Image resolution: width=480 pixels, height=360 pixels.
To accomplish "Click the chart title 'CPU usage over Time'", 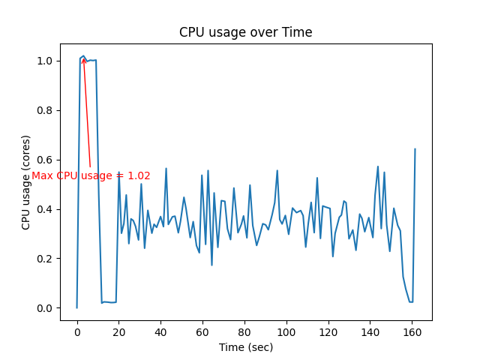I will tap(245, 32).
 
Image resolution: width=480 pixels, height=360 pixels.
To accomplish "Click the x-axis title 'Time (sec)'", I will tap(245, 347).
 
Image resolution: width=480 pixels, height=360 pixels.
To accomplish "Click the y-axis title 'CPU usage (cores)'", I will tap(26, 182).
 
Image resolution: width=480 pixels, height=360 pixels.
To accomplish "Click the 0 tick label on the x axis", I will tap(77, 332).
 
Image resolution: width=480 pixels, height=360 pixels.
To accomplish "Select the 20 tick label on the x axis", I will tap(119, 332).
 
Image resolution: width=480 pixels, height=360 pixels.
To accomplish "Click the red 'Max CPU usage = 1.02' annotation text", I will tap(91, 176).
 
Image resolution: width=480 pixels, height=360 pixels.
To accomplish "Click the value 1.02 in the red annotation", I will tap(139, 176).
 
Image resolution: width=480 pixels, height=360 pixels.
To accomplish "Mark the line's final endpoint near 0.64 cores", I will tap(415, 149).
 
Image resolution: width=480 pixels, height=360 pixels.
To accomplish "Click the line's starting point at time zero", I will tap(77, 307).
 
